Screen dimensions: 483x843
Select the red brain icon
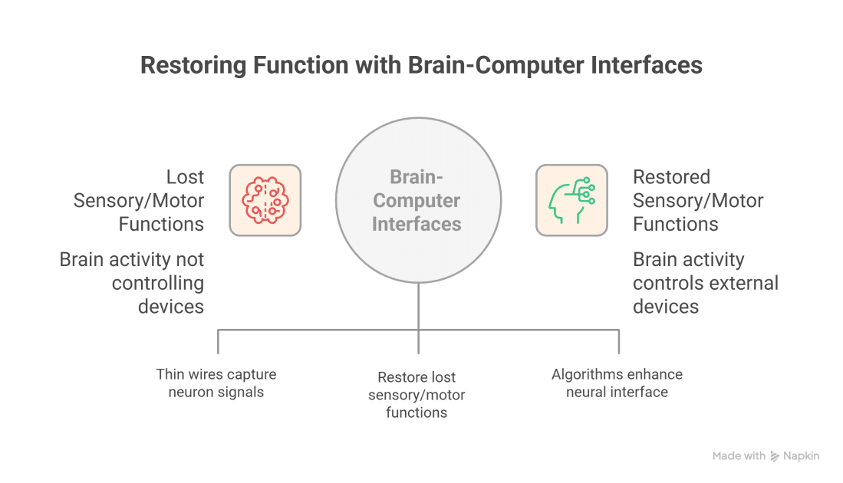pos(265,200)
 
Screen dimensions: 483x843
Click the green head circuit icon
pos(571,200)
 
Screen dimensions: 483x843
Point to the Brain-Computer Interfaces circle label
pos(417,200)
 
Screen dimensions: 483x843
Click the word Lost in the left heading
pos(185,177)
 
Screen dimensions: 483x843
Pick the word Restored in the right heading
pos(672,177)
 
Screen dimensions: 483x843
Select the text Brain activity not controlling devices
pos(132,283)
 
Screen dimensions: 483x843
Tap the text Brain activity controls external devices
pos(705,283)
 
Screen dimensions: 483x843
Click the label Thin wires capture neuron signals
pos(216,383)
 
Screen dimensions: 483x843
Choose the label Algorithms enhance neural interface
pos(617,383)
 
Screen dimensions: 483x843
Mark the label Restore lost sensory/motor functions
pos(417,395)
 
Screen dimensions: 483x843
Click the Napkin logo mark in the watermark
pos(775,456)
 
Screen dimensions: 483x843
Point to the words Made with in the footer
pos(738,456)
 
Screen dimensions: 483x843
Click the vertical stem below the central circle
pos(418,307)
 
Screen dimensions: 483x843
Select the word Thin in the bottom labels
pos(170,375)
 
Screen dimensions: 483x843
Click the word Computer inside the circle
pos(417,201)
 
